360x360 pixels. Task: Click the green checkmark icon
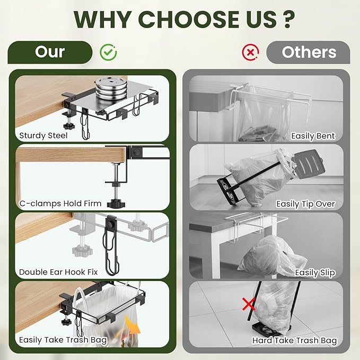[108, 52]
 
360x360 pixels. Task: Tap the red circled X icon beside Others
[250, 52]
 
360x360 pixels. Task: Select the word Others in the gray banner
[309, 52]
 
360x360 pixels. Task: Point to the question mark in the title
[288, 19]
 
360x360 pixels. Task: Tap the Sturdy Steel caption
[43, 135]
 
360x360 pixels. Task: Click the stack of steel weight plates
[111, 89]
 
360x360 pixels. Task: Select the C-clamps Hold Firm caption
[60, 204]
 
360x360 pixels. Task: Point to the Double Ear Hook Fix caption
[58, 272]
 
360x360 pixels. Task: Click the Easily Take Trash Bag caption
[63, 340]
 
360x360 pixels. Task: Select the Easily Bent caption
[313, 136]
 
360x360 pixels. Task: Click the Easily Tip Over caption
[305, 204]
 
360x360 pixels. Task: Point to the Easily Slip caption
[315, 273]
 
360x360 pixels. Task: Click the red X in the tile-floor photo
[249, 304]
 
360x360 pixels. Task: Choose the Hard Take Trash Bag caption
[295, 340]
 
